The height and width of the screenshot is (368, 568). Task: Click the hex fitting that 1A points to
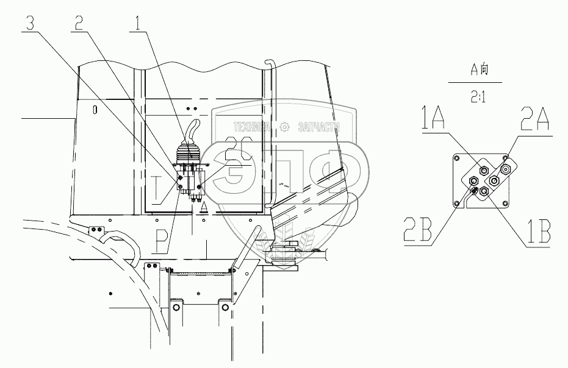click(x=483, y=171)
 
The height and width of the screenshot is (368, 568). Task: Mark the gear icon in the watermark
click(x=283, y=127)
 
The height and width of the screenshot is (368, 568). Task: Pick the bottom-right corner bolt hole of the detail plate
click(x=504, y=203)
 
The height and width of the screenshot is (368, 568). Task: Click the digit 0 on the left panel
click(x=95, y=110)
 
